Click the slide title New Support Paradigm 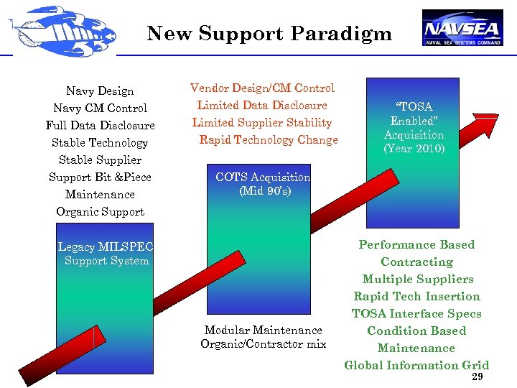point(269,34)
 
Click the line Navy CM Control point(100,108)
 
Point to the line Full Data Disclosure point(100,126)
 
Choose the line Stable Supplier point(100,160)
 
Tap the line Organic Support point(100,212)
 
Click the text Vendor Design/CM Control point(262,88)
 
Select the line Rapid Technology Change point(269,140)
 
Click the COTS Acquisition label point(263,177)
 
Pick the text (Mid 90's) point(263,191)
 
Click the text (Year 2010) point(414,149)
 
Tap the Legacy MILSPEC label point(106,247)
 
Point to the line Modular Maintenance point(263,331)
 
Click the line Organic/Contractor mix point(263,344)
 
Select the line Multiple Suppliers point(417,280)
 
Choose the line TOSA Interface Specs point(416,314)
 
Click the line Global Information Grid point(416,365)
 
